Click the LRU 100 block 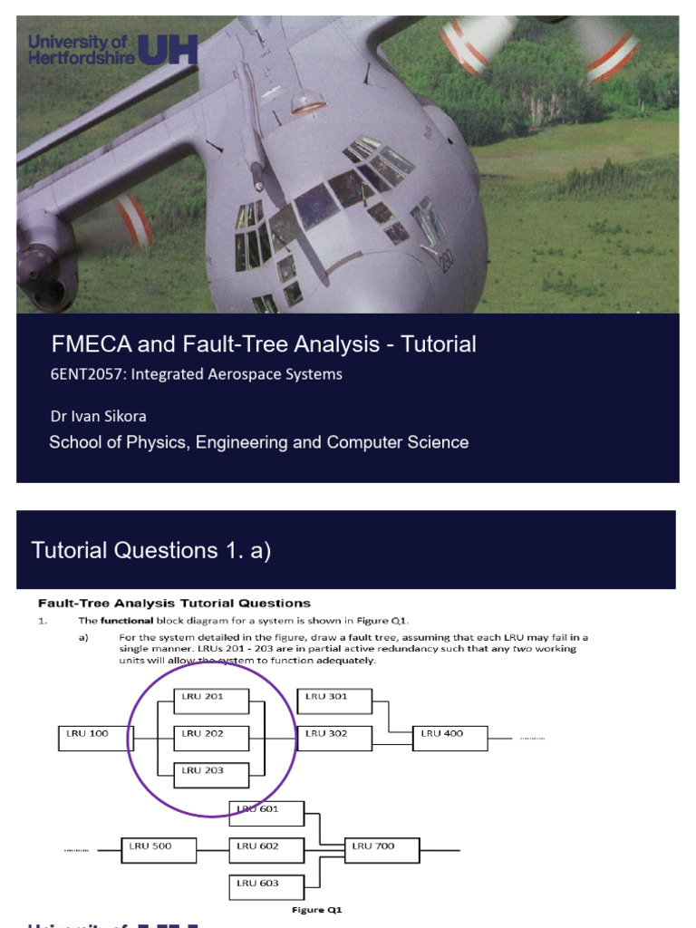tap(95, 739)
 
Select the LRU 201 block tap(210, 701)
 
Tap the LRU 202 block tap(210, 738)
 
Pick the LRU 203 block tap(210, 775)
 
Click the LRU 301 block tap(333, 701)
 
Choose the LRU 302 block tap(333, 738)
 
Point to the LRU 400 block tap(449, 738)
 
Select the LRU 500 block tap(159, 850)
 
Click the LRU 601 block tap(266, 813)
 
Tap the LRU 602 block tap(266, 850)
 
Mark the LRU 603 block tap(266, 887)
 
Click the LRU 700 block tap(382, 850)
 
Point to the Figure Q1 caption tap(316, 909)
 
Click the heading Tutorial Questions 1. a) tap(151, 550)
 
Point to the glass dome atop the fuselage tap(308, 101)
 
